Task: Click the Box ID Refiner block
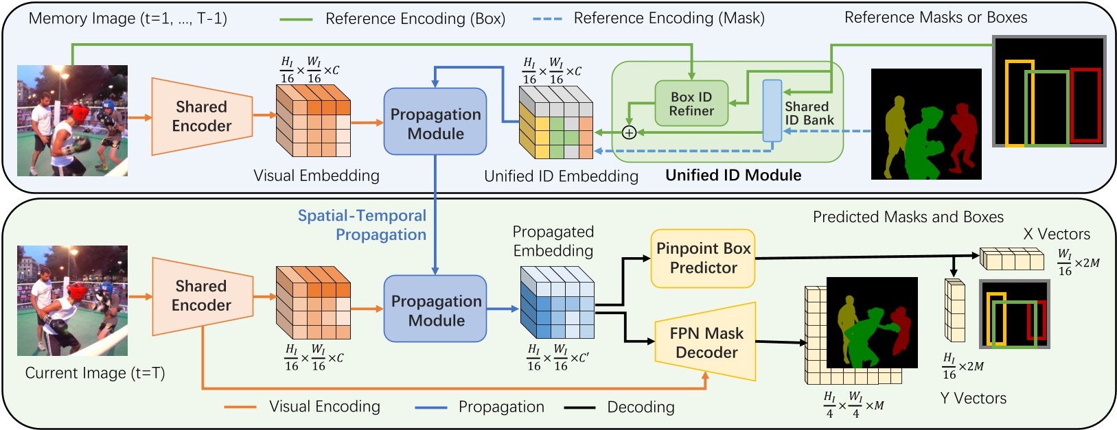pos(691,104)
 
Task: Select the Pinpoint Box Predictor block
pos(703,258)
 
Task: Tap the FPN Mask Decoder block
pos(706,342)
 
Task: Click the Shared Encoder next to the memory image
pos(200,116)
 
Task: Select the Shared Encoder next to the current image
pos(200,296)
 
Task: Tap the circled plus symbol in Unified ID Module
pos(628,132)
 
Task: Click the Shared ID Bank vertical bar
pos(772,110)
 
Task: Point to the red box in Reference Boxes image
pos(1085,104)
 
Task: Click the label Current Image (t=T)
pos(95,373)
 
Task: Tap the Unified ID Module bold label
pos(733,176)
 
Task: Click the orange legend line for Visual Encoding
pos(240,407)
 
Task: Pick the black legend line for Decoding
pos(579,407)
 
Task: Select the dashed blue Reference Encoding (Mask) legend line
pos(547,19)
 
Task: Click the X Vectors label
pos(1056,234)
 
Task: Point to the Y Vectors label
pos(973,398)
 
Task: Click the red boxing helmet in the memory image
pos(77,112)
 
